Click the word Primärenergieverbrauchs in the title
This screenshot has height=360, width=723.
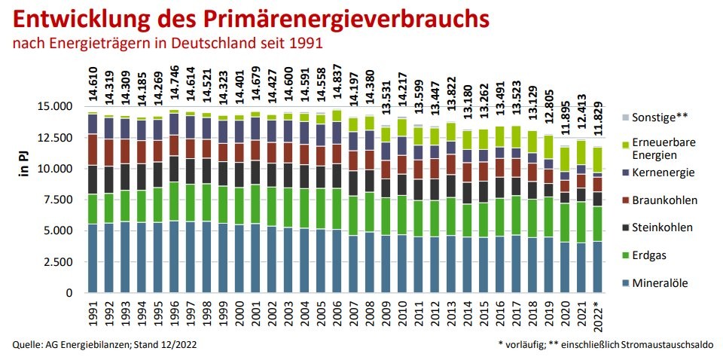point(346,20)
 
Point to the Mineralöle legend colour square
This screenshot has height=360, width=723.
point(625,283)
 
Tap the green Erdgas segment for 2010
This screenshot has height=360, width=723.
point(401,215)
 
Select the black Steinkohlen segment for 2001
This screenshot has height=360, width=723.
point(255,173)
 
